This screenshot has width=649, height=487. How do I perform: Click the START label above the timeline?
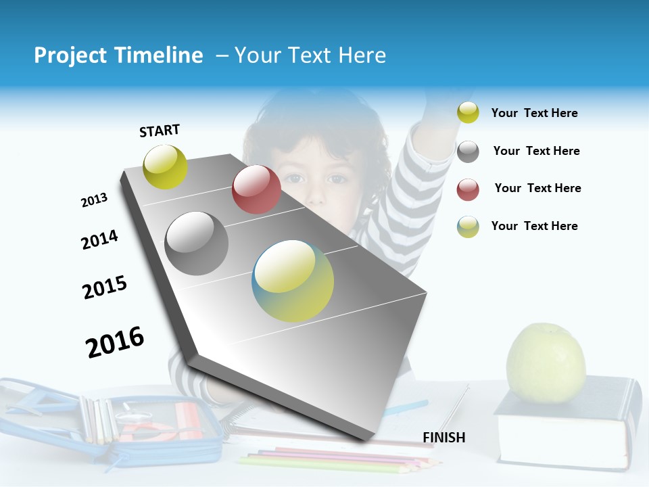160,131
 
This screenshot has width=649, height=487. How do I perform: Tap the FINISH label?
444,438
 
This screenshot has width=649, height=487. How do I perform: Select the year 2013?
94,200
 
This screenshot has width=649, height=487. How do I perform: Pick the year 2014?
99,239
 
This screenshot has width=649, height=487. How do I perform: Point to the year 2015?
105,287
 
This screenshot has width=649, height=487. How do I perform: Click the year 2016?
115,342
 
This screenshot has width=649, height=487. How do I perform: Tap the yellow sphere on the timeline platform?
166,166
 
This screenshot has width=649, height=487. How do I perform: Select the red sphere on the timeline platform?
256,189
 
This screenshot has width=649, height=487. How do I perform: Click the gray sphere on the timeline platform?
197,243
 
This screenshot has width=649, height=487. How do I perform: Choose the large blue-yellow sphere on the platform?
293,281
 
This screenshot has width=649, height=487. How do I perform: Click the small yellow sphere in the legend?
468,112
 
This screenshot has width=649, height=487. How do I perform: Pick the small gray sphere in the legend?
468,152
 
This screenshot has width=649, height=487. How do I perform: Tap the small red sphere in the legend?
468,189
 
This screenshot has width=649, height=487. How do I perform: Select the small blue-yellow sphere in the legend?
468,227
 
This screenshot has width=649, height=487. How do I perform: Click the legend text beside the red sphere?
537,188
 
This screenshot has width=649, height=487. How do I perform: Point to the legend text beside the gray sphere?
536,151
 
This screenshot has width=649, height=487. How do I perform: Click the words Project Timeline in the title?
118,55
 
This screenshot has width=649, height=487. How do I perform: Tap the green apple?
546,363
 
